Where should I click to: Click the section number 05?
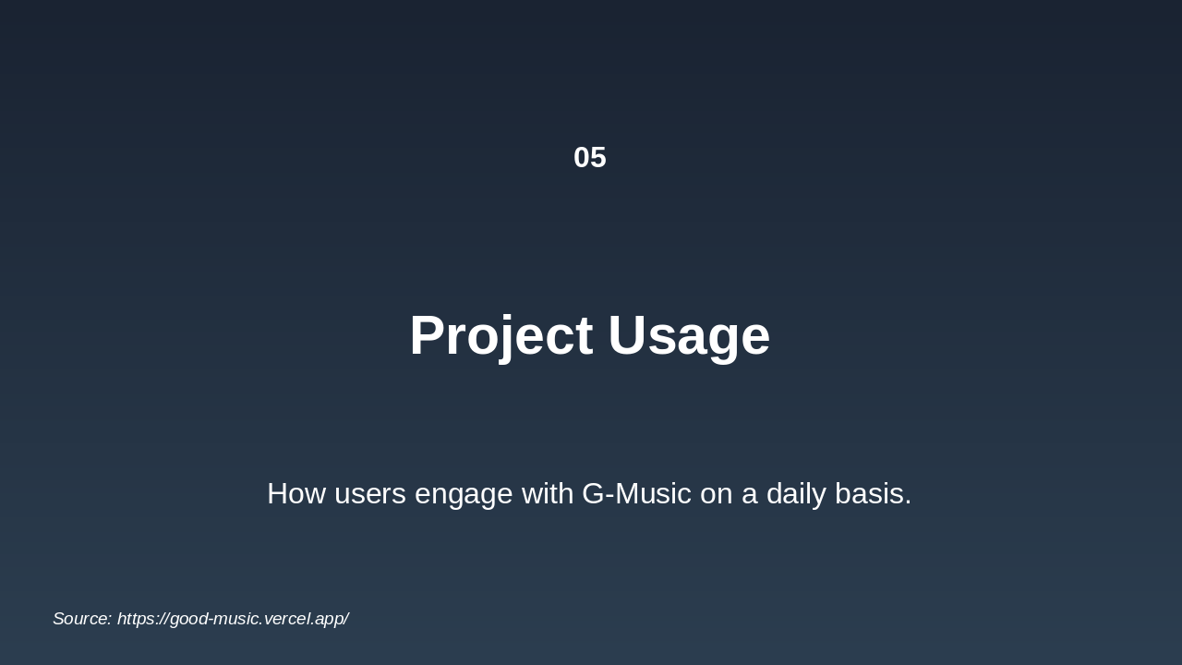(x=590, y=158)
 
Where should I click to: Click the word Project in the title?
(x=501, y=336)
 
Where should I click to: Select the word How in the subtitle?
(x=296, y=494)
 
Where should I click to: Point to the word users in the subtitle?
(x=370, y=496)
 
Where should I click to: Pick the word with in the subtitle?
(x=548, y=494)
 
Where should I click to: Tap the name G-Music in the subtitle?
(x=637, y=494)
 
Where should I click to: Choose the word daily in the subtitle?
(x=796, y=496)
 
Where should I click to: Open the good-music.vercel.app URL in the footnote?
(x=233, y=619)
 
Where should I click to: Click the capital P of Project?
(x=428, y=335)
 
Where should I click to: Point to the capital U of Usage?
(x=626, y=336)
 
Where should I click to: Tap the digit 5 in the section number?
(x=599, y=158)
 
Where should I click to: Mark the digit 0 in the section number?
(x=582, y=158)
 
